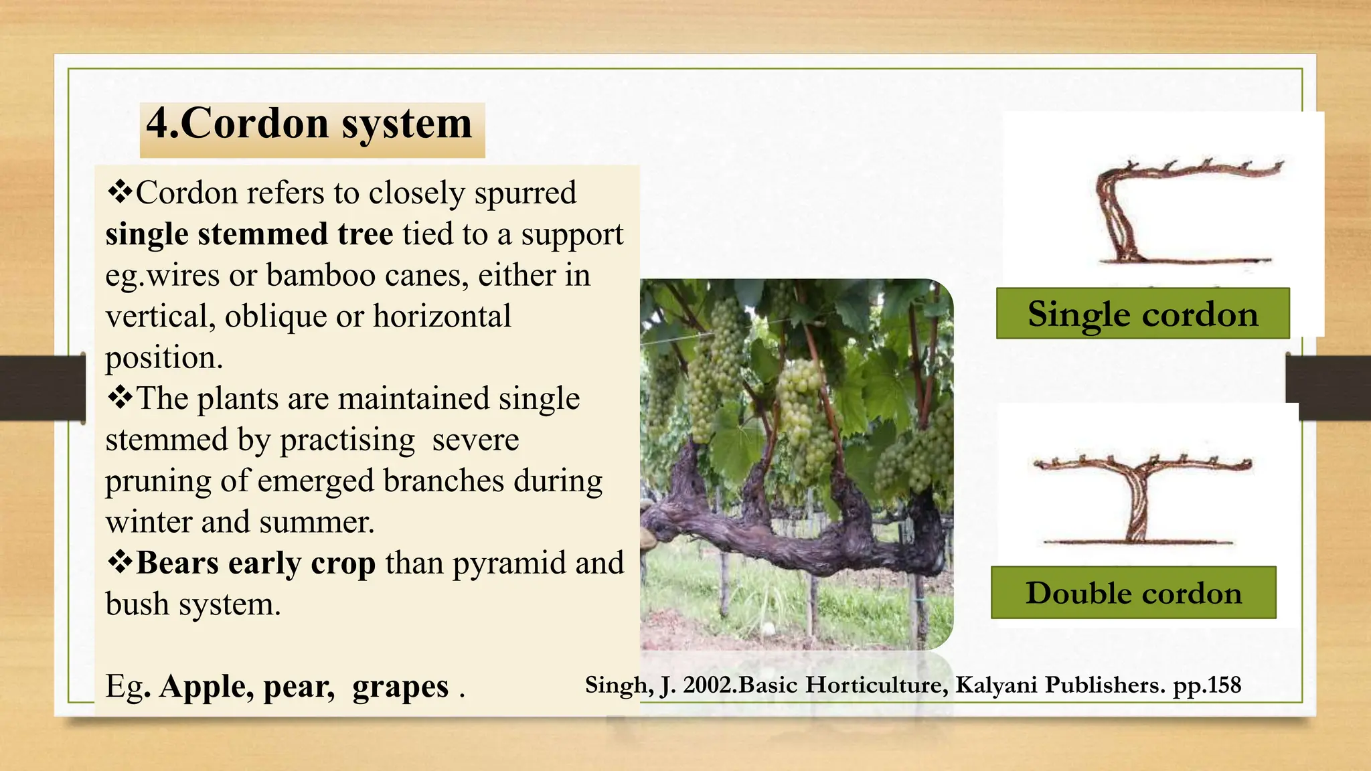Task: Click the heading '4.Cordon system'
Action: click(309, 124)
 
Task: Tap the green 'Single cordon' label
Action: click(1143, 314)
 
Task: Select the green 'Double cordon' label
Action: click(1133, 593)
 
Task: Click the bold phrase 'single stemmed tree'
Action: click(249, 234)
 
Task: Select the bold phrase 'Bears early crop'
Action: click(255, 563)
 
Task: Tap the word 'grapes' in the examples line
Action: click(400, 687)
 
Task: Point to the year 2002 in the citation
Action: click(709, 685)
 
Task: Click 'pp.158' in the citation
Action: click(1207, 685)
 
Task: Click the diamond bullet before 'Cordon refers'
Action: click(120, 192)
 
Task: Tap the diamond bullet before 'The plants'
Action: click(120, 398)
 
